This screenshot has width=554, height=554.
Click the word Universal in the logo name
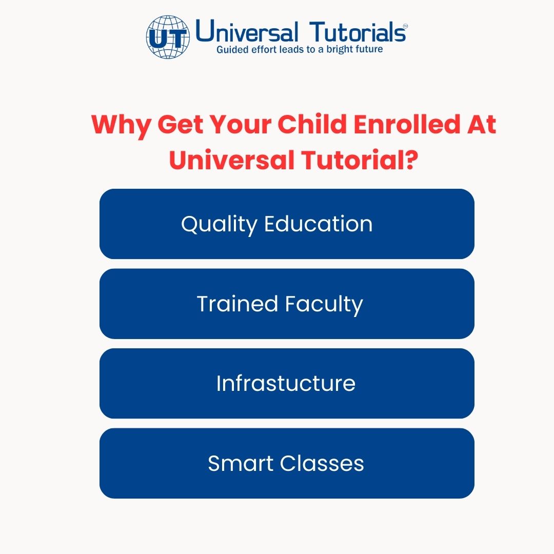(x=247, y=32)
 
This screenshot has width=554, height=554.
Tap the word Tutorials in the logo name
(x=359, y=32)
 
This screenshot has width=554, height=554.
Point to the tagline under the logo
(x=300, y=50)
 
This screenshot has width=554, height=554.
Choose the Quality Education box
(x=287, y=224)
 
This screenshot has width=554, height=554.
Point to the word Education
(x=318, y=224)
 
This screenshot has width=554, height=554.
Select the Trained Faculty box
(x=287, y=304)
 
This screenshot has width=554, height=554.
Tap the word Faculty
(x=324, y=304)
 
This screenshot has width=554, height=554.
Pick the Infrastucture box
(x=287, y=383)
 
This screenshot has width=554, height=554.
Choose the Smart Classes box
(x=287, y=463)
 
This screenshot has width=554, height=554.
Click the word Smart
(x=241, y=463)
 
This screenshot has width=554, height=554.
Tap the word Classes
(x=322, y=463)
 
